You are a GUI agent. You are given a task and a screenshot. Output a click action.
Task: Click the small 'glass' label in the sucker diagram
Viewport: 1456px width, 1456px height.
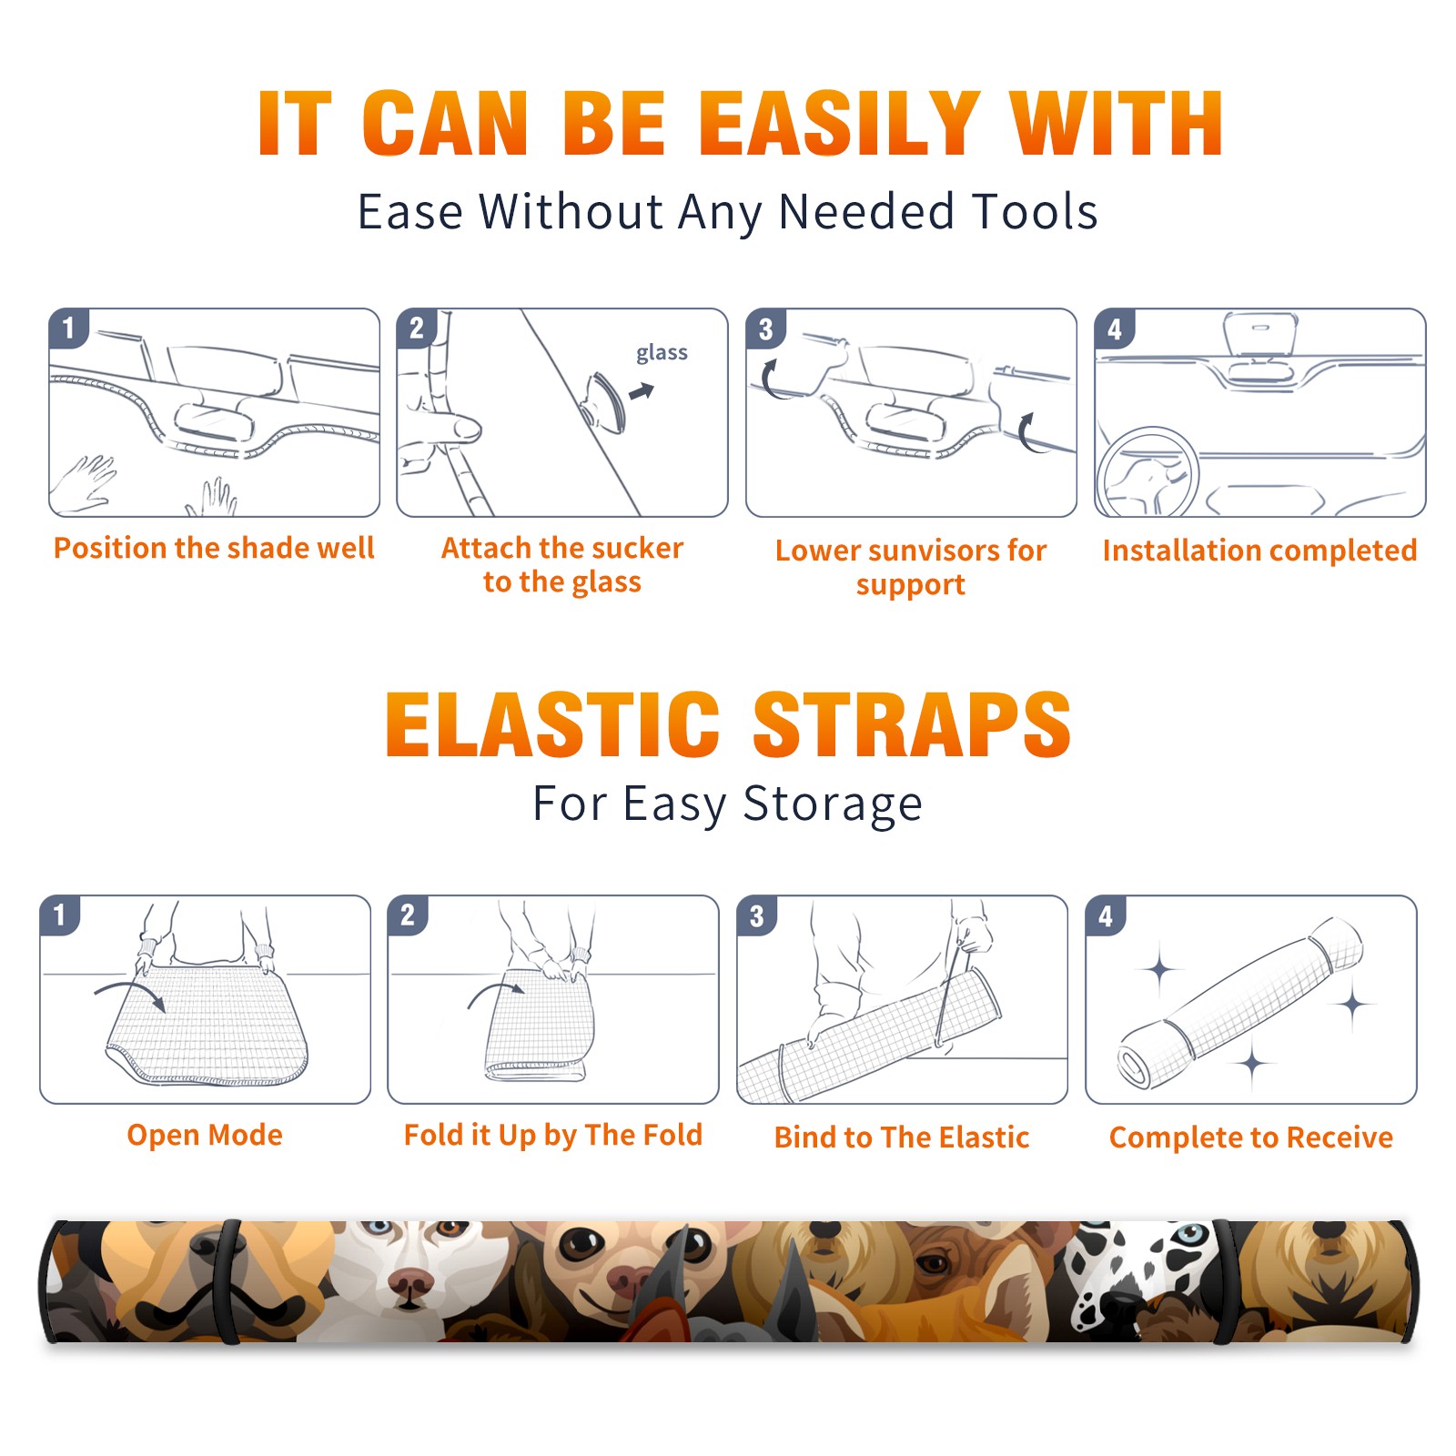[662, 352]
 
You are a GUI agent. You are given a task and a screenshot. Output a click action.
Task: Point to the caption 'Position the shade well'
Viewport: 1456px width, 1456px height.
[214, 548]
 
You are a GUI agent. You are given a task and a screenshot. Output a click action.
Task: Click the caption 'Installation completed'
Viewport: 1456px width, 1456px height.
[1259, 551]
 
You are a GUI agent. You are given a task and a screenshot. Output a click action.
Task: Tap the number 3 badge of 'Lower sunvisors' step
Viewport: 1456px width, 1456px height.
[765, 329]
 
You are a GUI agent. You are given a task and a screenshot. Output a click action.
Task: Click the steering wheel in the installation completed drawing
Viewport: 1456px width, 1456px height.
[1148, 472]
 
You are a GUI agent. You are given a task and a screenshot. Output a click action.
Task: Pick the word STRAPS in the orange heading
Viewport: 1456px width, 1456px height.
[912, 724]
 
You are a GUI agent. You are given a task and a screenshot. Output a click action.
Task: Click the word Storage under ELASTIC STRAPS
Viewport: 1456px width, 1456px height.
[833, 804]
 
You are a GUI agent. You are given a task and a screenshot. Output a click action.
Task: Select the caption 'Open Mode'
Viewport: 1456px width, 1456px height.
[205, 1135]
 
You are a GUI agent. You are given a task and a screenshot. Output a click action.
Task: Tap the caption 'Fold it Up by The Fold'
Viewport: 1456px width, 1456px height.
[553, 1135]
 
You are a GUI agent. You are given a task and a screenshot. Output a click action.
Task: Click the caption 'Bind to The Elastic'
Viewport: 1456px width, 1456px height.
[902, 1137]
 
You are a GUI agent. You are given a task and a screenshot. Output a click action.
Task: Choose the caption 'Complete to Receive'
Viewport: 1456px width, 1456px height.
[1251, 1137]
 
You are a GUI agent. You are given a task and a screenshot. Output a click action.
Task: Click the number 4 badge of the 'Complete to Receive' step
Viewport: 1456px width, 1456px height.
[1106, 915]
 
